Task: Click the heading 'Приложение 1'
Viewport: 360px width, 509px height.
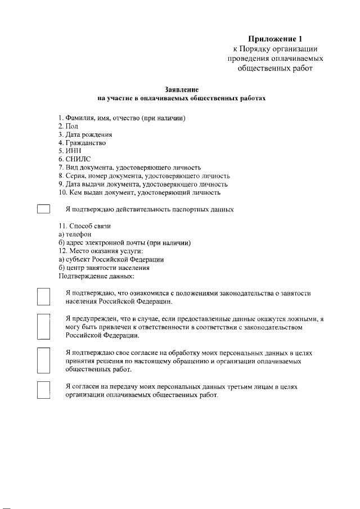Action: coord(276,39)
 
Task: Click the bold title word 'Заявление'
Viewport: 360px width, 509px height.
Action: coord(181,89)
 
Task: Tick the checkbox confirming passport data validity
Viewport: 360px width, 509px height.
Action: coord(44,209)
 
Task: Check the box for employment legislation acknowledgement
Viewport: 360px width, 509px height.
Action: coord(44,296)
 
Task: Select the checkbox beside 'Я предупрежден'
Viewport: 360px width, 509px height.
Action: coord(44,327)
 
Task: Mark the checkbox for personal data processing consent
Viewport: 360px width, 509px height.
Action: coord(44,361)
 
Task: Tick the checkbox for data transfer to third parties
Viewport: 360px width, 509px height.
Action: coord(44,390)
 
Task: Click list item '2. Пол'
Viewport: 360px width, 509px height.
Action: coord(68,127)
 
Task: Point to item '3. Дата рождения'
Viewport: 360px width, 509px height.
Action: coord(85,134)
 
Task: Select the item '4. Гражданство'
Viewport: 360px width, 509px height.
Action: coord(82,143)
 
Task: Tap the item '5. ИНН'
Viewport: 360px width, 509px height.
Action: coord(70,151)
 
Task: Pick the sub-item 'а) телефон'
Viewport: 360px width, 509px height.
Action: coord(75,234)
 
